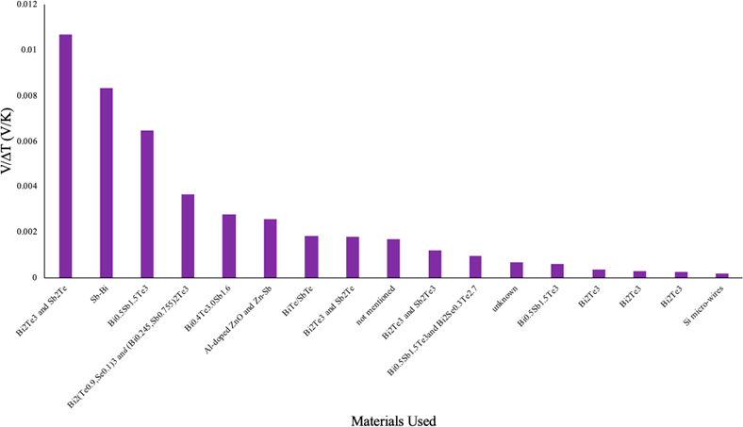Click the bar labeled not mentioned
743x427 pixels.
coord(393,258)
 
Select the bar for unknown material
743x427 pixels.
coord(516,270)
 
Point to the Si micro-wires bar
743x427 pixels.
coord(720,275)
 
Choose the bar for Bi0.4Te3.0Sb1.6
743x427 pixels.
coord(229,246)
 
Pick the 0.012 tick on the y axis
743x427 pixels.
coord(25,5)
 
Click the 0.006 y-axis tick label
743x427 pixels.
coord(25,141)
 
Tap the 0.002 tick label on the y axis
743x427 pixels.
coord(25,232)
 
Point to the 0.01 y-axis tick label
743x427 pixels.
coord(28,50)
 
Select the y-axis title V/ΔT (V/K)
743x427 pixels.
coord(8,141)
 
